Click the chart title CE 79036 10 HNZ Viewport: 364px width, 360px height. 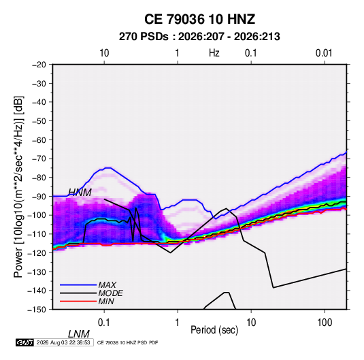199,19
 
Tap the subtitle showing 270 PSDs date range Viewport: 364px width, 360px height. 199,37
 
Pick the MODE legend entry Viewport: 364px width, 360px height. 91,293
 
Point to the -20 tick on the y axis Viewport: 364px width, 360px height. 39,65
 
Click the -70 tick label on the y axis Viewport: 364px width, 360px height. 39,159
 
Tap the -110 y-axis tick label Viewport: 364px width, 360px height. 37,234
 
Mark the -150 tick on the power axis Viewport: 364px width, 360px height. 37,310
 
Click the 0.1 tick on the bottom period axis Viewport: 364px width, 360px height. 104,323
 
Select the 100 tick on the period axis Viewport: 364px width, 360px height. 325,323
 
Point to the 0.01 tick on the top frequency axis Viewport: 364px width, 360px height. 324,53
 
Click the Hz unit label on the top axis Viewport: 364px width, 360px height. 214,53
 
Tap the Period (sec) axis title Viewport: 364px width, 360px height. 214,330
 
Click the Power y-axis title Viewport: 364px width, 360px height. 18,187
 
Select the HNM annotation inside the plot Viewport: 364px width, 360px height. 80,193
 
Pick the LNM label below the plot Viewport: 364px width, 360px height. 79,334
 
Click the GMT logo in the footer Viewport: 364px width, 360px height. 25,342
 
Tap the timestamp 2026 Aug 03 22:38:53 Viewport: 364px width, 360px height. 63,342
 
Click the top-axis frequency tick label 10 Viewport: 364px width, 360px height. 104,53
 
